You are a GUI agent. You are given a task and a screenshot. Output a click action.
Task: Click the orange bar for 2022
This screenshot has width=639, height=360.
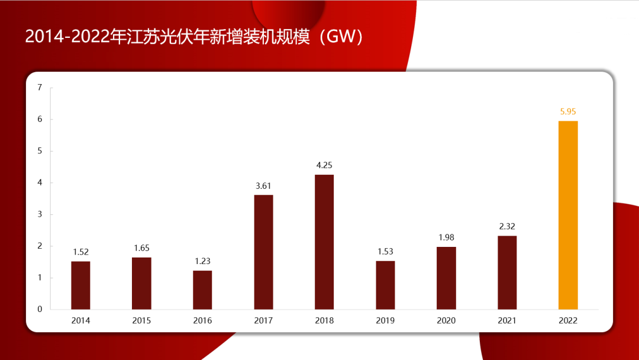568,215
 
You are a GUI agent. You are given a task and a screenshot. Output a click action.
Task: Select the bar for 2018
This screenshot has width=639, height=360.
324,242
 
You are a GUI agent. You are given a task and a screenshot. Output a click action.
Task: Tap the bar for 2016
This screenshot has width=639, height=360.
202,290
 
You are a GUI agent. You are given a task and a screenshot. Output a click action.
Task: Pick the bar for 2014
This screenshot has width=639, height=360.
80,285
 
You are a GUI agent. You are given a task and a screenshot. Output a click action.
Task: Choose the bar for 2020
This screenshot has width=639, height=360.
446,278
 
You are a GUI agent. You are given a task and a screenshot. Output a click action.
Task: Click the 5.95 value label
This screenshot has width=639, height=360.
568,111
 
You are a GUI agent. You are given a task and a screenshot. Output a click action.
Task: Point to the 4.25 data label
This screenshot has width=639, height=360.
324,165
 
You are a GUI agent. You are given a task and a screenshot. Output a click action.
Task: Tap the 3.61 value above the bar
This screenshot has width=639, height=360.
263,185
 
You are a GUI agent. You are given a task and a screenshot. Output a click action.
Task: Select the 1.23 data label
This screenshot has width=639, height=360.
202,261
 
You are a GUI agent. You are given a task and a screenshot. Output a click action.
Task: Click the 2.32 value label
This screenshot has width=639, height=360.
507,226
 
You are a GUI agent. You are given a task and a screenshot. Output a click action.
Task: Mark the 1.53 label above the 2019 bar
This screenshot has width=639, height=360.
385,252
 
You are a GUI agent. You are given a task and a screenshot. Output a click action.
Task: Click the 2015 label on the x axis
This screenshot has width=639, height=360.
141,321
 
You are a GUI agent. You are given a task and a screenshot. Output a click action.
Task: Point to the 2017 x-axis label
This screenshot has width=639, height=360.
263,321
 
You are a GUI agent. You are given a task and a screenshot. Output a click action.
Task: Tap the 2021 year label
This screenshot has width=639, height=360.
507,321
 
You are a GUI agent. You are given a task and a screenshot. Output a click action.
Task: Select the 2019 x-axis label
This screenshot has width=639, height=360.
385,321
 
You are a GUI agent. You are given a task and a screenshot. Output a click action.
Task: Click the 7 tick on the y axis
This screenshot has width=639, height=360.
40,88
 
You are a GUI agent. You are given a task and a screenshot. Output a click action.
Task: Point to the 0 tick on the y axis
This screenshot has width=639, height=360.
40,309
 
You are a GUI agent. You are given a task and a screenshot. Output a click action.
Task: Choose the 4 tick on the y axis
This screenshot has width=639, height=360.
40,182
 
